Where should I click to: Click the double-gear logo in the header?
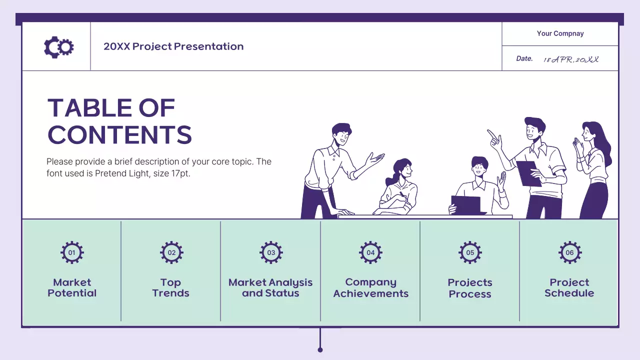pos(58,47)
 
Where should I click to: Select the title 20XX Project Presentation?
pos(173,46)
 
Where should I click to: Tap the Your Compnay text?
pos(560,33)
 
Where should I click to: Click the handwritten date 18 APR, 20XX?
pos(571,59)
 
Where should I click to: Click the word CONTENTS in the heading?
pos(119,135)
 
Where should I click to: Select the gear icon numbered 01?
pos(72,252)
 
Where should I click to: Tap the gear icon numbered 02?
pos(171,252)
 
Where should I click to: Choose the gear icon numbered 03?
pos(271,252)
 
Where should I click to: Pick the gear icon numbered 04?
pos(370,252)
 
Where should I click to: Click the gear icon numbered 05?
pos(470,252)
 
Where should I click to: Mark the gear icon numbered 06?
pos(569,252)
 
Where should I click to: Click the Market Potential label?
pos(72,288)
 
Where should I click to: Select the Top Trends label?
pos(171,288)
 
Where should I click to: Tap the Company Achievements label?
pos(370,288)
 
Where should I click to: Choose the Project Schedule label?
pos(569,288)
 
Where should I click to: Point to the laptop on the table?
pos(466,204)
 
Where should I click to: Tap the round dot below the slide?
pos(320,349)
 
